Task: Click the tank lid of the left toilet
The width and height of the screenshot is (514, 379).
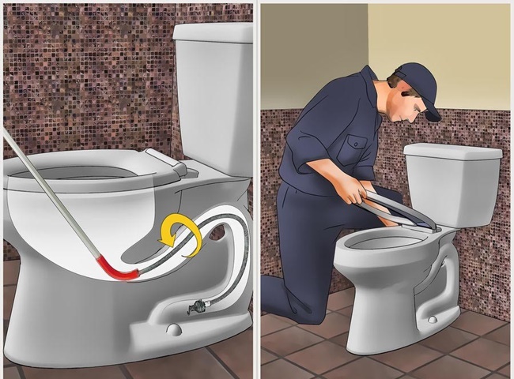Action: tap(212, 32)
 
